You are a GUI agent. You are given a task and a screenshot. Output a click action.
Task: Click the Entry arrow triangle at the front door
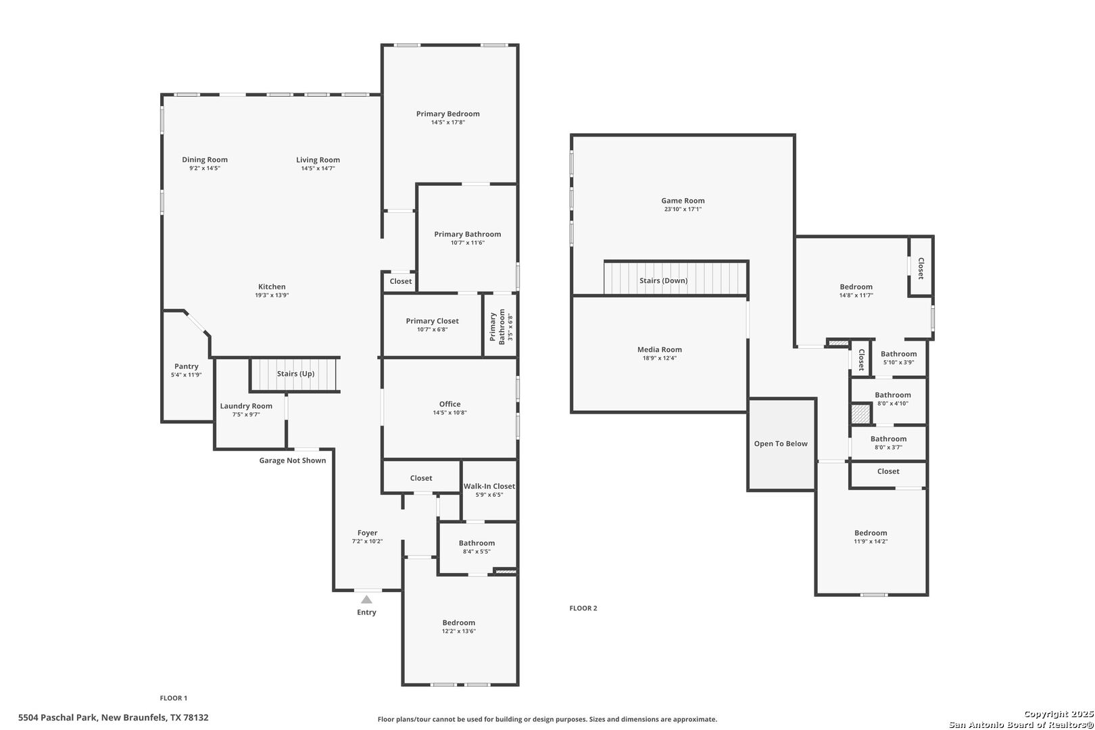coord(366,600)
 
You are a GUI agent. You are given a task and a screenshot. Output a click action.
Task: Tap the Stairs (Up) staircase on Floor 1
coord(294,374)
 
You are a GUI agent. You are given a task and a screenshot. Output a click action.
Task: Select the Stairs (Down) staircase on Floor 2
coord(675,278)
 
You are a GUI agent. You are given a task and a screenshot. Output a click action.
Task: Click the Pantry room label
coord(187,366)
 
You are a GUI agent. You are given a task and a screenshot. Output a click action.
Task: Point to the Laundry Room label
coord(246,406)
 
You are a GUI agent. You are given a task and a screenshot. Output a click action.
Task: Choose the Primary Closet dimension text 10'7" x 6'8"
coord(432,330)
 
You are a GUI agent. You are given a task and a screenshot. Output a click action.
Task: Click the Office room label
coord(449,404)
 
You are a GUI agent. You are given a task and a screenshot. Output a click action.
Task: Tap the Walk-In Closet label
coord(489,486)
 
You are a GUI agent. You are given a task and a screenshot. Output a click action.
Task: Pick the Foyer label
coord(367,533)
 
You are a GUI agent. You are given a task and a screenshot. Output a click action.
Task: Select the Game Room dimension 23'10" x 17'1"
coord(683,210)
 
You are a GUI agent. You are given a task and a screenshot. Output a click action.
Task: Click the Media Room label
coord(660,349)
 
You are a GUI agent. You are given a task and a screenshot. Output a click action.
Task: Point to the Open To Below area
coord(781,444)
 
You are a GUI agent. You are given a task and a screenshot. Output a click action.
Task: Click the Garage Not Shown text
coord(292,460)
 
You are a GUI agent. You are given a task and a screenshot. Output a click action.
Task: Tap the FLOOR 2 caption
coord(583,608)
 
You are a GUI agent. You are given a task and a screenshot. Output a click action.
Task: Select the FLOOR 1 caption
coord(174,698)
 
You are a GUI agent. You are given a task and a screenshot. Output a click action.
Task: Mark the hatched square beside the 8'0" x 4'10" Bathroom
coord(861,414)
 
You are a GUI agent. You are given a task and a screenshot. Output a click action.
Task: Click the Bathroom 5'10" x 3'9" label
coord(898,354)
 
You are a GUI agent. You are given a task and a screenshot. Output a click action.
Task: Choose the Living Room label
coord(318,160)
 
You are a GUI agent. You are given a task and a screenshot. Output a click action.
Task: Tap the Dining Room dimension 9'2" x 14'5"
coord(205,168)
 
